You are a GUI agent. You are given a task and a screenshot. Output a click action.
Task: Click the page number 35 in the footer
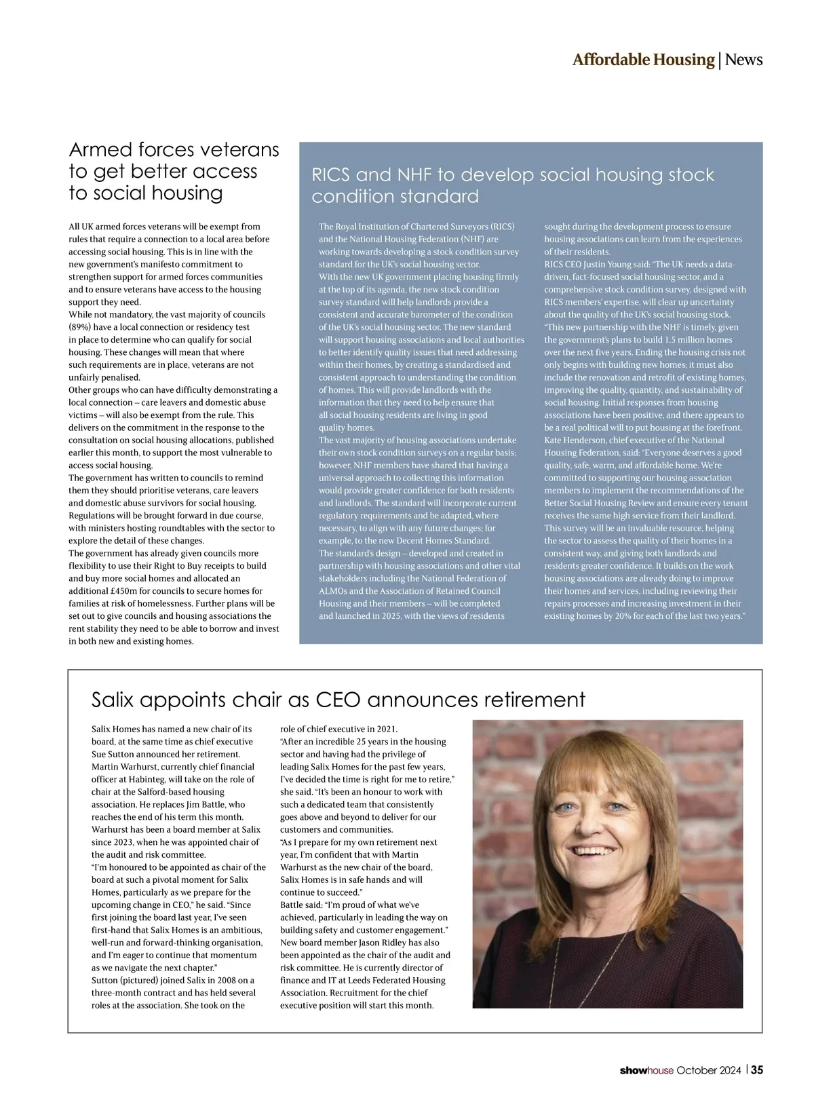pos(756,1070)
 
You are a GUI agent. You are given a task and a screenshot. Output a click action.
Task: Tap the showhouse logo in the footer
pos(646,1071)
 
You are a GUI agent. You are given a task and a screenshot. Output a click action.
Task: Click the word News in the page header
pos(743,60)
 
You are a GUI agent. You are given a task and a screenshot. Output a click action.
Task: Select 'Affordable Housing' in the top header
pos(643,60)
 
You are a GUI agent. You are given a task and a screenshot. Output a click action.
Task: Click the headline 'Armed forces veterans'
pos(174,149)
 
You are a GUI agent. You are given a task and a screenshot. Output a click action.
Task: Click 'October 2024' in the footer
pos(709,1071)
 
